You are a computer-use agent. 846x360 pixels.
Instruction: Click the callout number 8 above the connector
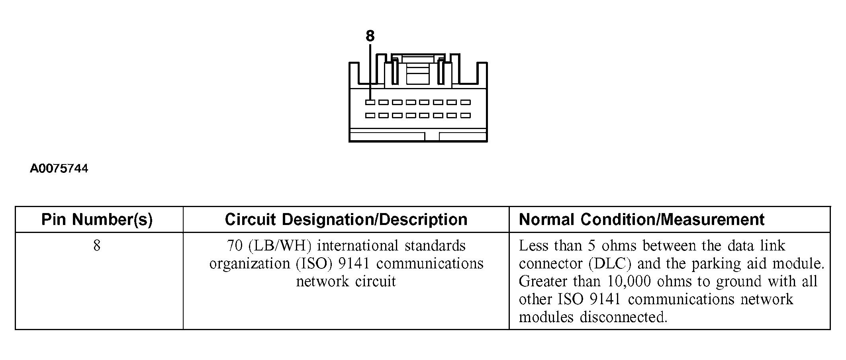[x=370, y=36]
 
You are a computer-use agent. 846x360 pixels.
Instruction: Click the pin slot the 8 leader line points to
[x=370, y=102]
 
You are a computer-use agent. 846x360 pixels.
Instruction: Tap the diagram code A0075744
[x=59, y=169]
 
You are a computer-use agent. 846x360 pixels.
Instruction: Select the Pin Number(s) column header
[x=97, y=220]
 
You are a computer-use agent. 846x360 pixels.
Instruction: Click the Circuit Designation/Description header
[x=346, y=220]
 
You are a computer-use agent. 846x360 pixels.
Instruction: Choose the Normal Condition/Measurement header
[x=641, y=220]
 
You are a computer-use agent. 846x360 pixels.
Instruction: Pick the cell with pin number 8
[x=97, y=246]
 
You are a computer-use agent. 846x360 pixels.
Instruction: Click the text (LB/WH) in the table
[x=279, y=246]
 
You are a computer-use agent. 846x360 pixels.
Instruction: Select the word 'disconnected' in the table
[x=623, y=317]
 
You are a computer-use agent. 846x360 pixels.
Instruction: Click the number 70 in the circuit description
[x=235, y=246]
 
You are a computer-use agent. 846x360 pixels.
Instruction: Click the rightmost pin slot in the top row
[x=466, y=102]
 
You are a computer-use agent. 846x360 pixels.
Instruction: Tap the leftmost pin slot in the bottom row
[x=370, y=116]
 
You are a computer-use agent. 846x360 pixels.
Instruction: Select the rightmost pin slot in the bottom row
[x=466, y=116]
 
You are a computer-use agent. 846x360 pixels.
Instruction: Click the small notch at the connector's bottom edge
[x=432, y=136]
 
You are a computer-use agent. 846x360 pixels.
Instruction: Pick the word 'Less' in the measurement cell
[x=534, y=246]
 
